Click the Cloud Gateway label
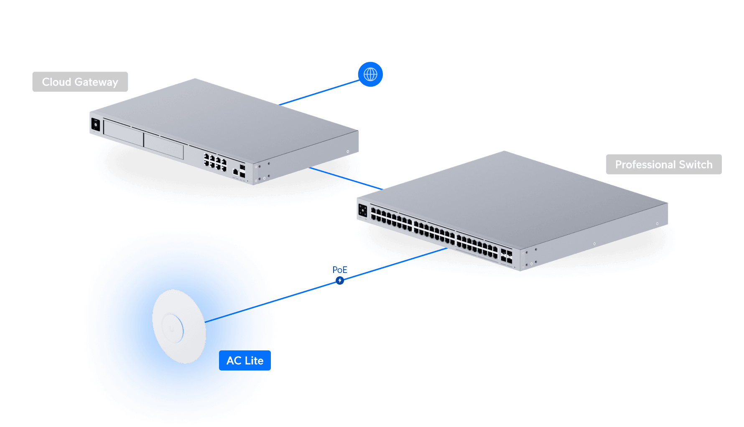pos(80,82)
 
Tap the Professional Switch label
pos(663,165)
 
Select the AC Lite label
pos(245,360)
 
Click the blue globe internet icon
pos(370,75)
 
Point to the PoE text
pos(340,270)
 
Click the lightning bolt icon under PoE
pos(340,280)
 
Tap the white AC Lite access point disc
pos(179,327)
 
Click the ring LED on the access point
pos(173,328)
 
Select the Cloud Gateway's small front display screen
pos(96,125)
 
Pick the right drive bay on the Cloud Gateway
pos(163,147)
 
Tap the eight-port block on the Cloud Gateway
pos(215,162)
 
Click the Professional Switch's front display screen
pos(362,211)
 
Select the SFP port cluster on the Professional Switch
pos(506,256)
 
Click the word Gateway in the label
pos(97,82)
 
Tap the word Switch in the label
pos(696,165)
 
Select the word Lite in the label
pos(254,360)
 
